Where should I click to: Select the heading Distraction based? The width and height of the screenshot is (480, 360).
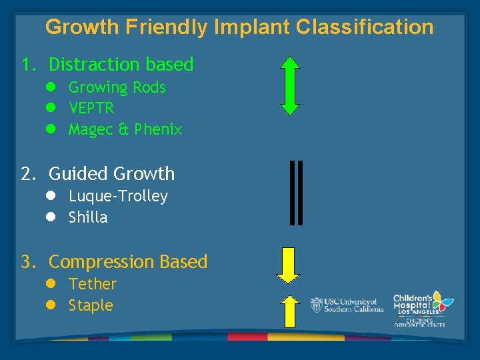(121, 65)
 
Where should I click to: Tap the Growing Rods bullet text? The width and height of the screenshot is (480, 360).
(117, 87)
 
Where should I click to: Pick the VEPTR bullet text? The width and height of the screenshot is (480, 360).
(91, 108)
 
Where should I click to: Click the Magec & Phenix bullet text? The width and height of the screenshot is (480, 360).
(125, 129)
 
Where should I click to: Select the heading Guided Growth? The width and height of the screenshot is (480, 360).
(111, 174)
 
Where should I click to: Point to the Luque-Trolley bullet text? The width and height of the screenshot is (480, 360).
(118, 196)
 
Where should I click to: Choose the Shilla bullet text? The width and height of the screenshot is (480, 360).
(88, 217)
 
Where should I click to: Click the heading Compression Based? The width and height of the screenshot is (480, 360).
(128, 262)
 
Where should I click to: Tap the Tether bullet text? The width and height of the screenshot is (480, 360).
(93, 284)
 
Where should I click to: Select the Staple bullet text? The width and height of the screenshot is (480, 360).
(91, 305)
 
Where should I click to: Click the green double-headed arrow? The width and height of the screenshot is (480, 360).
(290, 86)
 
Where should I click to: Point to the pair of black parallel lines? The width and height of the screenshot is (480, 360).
(297, 193)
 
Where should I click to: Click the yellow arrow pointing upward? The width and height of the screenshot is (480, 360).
(289, 311)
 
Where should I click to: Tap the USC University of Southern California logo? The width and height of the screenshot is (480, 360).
(347, 305)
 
